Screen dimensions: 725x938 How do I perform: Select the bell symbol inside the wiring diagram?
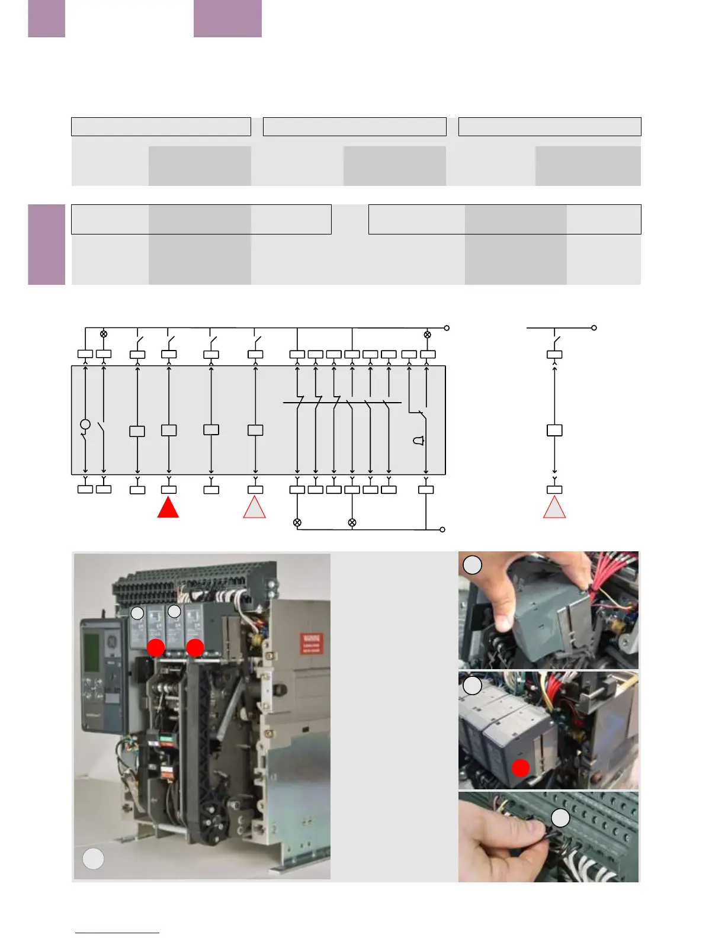point(419,441)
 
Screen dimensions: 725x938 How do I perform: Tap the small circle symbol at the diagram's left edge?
point(85,424)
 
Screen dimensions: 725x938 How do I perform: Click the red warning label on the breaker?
point(312,643)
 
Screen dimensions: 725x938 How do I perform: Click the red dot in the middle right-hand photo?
point(520,768)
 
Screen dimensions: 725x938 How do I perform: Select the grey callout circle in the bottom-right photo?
point(560,818)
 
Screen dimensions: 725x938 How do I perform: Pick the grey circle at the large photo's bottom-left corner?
point(93,859)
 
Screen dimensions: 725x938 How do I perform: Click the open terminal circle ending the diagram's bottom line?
point(442,529)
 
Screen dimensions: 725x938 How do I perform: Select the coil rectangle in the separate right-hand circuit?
point(554,431)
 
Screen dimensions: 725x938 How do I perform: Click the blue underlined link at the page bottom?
point(117,933)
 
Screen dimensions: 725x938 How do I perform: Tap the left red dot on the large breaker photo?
point(156,647)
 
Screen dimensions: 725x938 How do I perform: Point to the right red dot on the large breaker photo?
point(195,647)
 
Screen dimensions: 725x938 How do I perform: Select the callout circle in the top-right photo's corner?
point(472,565)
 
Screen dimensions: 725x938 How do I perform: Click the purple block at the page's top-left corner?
point(46,18)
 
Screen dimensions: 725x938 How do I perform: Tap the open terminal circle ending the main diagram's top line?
point(447,327)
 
